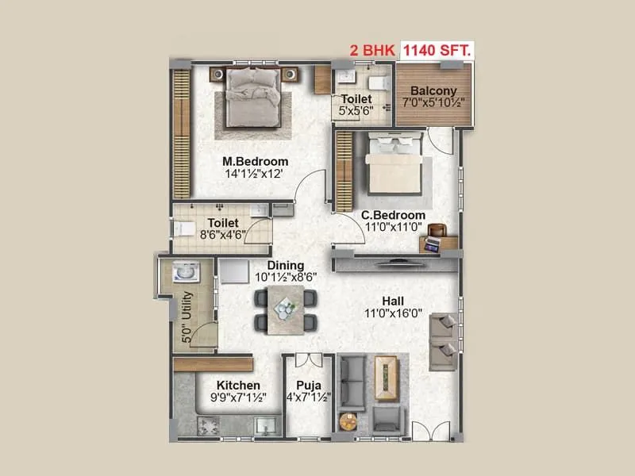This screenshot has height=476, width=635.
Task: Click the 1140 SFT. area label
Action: pos(437,50)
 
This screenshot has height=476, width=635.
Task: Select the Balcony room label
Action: pos(433,90)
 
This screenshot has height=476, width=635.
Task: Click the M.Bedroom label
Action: pos(255,162)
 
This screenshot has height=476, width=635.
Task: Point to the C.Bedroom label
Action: pos(393,215)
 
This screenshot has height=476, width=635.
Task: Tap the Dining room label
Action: pos(284,266)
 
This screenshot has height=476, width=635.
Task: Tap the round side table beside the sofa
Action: pos(346,422)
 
